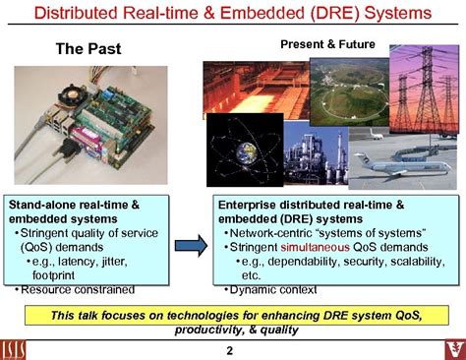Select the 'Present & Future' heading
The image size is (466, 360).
tap(329, 45)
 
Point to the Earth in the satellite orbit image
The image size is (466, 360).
tap(243, 150)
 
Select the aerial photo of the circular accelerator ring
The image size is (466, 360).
tap(345, 89)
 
